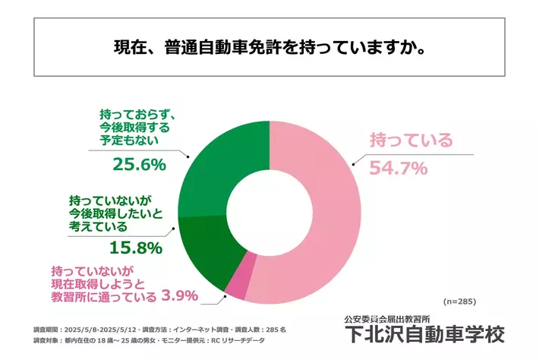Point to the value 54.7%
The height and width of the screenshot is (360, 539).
tap(399, 168)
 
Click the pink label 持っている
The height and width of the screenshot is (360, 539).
tap(411, 141)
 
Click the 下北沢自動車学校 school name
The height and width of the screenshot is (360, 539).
tap(423, 335)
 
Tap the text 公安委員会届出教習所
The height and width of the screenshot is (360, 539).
tap(386, 317)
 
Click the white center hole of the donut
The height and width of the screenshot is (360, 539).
tap(269, 206)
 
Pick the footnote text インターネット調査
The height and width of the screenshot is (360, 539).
tap(199, 330)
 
